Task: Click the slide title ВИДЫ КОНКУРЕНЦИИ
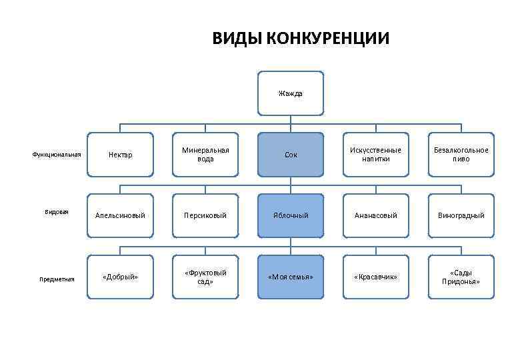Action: tap(301, 38)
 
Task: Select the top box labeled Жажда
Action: tap(291, 93)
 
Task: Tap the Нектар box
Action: tap(121, 155)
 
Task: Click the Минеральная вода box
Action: tap(205, 155)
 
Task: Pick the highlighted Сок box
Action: tap(291, 155)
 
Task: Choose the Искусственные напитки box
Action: tap(376, 155)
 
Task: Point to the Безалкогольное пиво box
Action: tap(461, 155)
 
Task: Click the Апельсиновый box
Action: tap(121, 215)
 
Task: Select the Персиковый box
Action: tap(205, 215)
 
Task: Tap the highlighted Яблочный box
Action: tap(291, 215)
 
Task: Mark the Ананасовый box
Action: tap(376, 215)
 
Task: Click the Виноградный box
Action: tap(461, 215)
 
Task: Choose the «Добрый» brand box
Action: tap(121, 277)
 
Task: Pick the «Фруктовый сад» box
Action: tap(205, 277)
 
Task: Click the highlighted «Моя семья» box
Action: tap(291, 277)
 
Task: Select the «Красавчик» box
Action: tap(376, 277)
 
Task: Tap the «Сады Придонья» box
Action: tap(461, 277)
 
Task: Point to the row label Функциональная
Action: tap(57, 155)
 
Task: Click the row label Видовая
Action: tap(57, 212)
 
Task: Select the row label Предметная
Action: tap(57, 279)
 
